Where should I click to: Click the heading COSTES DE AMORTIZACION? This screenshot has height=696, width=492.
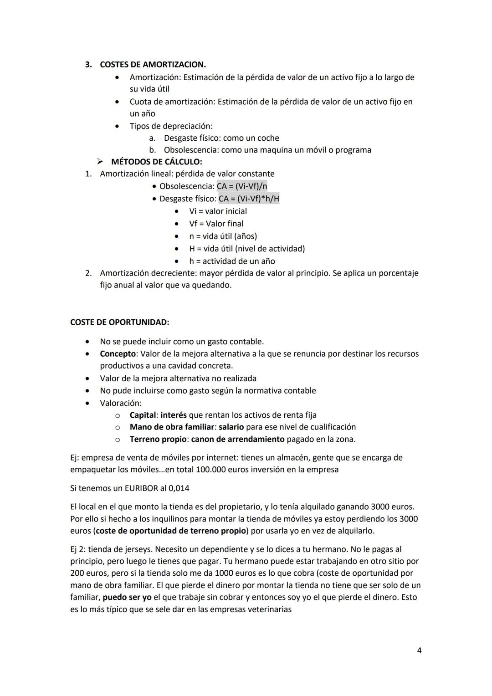click(153, 65)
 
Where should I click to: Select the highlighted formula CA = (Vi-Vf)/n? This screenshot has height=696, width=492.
click(242, 186)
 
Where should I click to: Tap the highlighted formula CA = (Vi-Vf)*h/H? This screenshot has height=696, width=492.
click(249, 199)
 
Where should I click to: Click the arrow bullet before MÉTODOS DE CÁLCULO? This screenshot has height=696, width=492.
click(100, 162)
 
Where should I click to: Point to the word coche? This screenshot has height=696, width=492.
click(268, 138)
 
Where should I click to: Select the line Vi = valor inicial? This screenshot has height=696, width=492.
click(218, 211)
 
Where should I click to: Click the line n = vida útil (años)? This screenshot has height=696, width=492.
click(223, 236)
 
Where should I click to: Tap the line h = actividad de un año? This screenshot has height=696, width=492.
click(232, 261)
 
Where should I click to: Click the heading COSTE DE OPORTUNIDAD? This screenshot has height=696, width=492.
click(119, 322)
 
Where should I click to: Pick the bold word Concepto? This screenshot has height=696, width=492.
click(118, 354)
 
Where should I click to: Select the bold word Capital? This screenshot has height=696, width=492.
click(143, 415)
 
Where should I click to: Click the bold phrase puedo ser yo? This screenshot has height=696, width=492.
click(127, 597)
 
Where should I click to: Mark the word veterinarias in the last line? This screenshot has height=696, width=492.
click(270, 609)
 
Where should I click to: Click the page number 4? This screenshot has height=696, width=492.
click(419, 650)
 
